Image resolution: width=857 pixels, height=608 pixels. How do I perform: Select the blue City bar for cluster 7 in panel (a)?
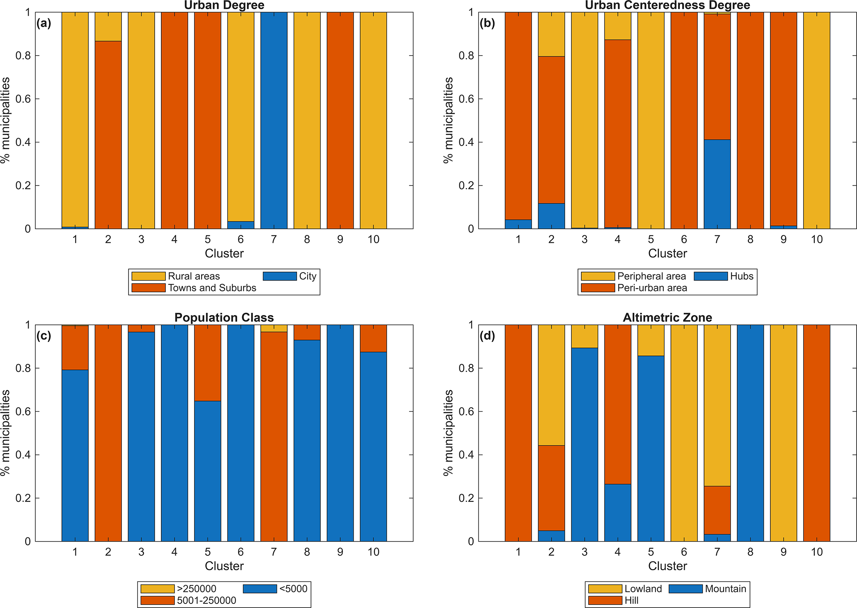click(274, 120)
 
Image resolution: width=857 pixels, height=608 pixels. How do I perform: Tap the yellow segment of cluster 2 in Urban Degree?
click(108, 27)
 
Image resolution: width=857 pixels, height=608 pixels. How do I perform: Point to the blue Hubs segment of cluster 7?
click(717, 184)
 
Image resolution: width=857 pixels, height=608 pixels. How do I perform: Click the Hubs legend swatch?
click(711, 276)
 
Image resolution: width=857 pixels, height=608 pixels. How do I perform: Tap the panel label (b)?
click(487, 23)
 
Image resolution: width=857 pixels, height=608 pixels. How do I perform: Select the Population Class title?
click(224, 318)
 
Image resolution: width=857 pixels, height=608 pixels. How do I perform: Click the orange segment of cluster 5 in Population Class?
click(208, 363)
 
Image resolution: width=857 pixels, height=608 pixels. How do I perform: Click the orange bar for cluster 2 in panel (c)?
click(108, 433)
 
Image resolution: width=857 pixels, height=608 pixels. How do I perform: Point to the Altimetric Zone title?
click(667, 318)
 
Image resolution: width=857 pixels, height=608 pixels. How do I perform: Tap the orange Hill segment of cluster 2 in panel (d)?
click(551, 488)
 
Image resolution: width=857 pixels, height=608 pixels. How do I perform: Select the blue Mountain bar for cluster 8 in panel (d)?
click(750, 433)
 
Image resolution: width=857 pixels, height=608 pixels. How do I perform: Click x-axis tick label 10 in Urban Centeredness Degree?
click(816, 239)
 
